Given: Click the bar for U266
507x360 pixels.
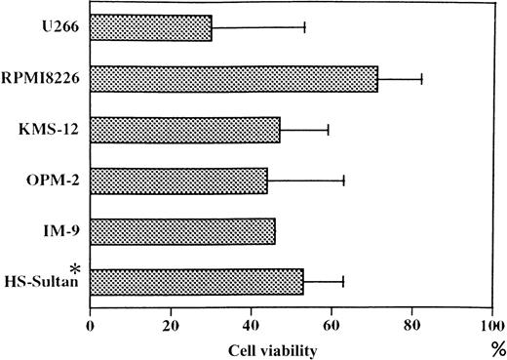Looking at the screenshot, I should coord(150,27).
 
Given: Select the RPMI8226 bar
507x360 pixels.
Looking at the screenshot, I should coord(233,79).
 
